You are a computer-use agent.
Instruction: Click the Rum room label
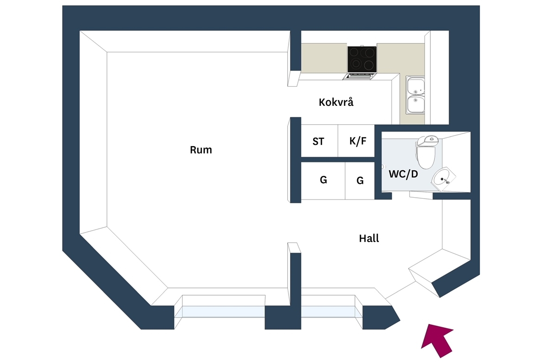point(201,149)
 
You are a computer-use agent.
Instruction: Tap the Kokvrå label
point(336,102)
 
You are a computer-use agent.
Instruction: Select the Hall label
point(369,238)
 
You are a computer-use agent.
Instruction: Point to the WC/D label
point(403,174)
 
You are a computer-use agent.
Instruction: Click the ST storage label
point(318,142)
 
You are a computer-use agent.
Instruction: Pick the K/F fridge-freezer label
point(358,141)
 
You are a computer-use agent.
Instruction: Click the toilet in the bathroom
point(427,152)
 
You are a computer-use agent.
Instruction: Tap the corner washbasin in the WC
point(443,179)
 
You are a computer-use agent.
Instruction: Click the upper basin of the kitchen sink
point(416,86)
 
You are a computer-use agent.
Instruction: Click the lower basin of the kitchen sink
point(416,104)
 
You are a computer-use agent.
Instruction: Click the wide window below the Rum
point(223,312)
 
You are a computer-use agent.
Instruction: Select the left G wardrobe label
point(323,180)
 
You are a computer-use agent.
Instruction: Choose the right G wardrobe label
point(360,181)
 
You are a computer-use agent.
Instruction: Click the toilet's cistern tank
point(428,140)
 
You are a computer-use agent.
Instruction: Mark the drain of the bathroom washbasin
point(442,179)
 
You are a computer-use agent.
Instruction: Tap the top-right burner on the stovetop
point(370,52)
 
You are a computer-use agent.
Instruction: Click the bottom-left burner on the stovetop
point(354,65)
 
